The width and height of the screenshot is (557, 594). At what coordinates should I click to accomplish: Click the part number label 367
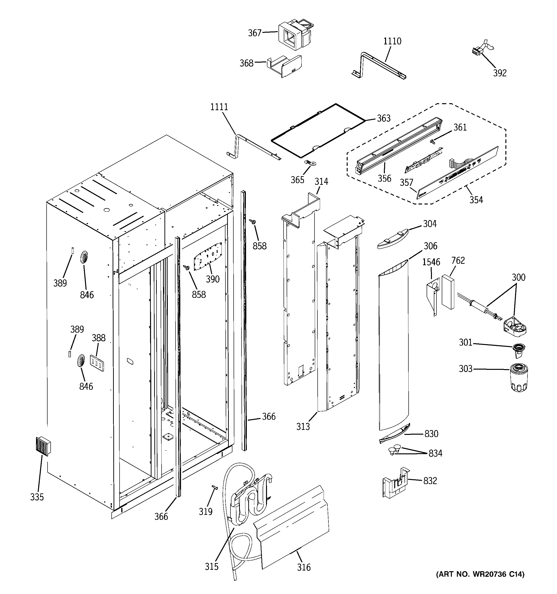pyautogui.click(x=254, y=33)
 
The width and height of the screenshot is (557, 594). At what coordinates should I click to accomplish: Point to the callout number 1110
pyautogui.click(x=392, y=41)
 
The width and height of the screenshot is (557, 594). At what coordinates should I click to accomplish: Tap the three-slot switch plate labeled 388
pyautogui.click(x=97, y=363)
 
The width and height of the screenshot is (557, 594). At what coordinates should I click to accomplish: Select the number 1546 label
pyautogui.click(x=431, y=262)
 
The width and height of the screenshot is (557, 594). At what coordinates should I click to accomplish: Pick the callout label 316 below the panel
pyautogui.click(x=304, y=567)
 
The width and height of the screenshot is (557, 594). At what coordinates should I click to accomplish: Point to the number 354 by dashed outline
pyautogui.click(x=476, y=200)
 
